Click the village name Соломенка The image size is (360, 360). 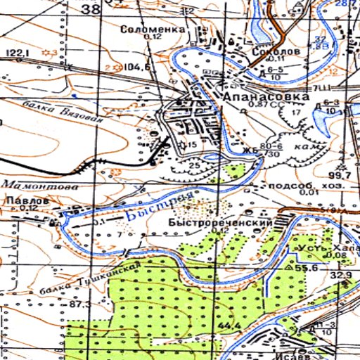click(x=152, y=30)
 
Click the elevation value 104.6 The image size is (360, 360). click(x=137, y=67)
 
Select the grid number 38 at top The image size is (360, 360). click(x=110, y=9)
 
